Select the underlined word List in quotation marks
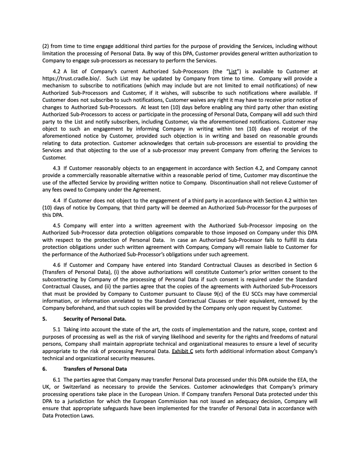[x=233, y=71]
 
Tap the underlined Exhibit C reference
[x=182, y=351]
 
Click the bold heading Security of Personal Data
[x=95, y=319]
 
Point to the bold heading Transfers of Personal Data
[x=95, y=369]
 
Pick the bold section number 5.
[x=44, y=319]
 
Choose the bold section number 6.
[x=44, y=369]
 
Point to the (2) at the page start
[x=46, y=46]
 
